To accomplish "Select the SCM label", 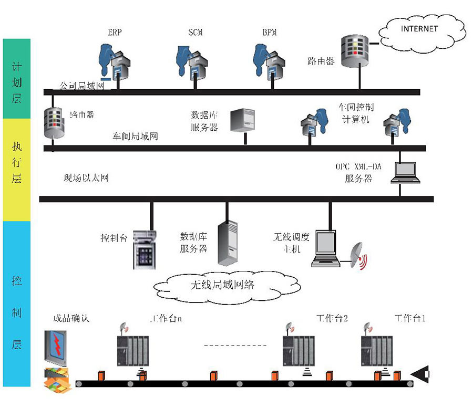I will coord(195,33).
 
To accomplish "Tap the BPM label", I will coord(270,33).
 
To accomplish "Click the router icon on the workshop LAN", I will coord(55,123).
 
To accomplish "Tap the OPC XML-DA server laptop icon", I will coord(406,172).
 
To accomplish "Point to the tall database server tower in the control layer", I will coord(228,243).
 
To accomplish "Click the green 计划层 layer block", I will coord(17,79).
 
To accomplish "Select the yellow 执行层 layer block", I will coord(17,169).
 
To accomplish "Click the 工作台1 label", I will coord(410,318).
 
